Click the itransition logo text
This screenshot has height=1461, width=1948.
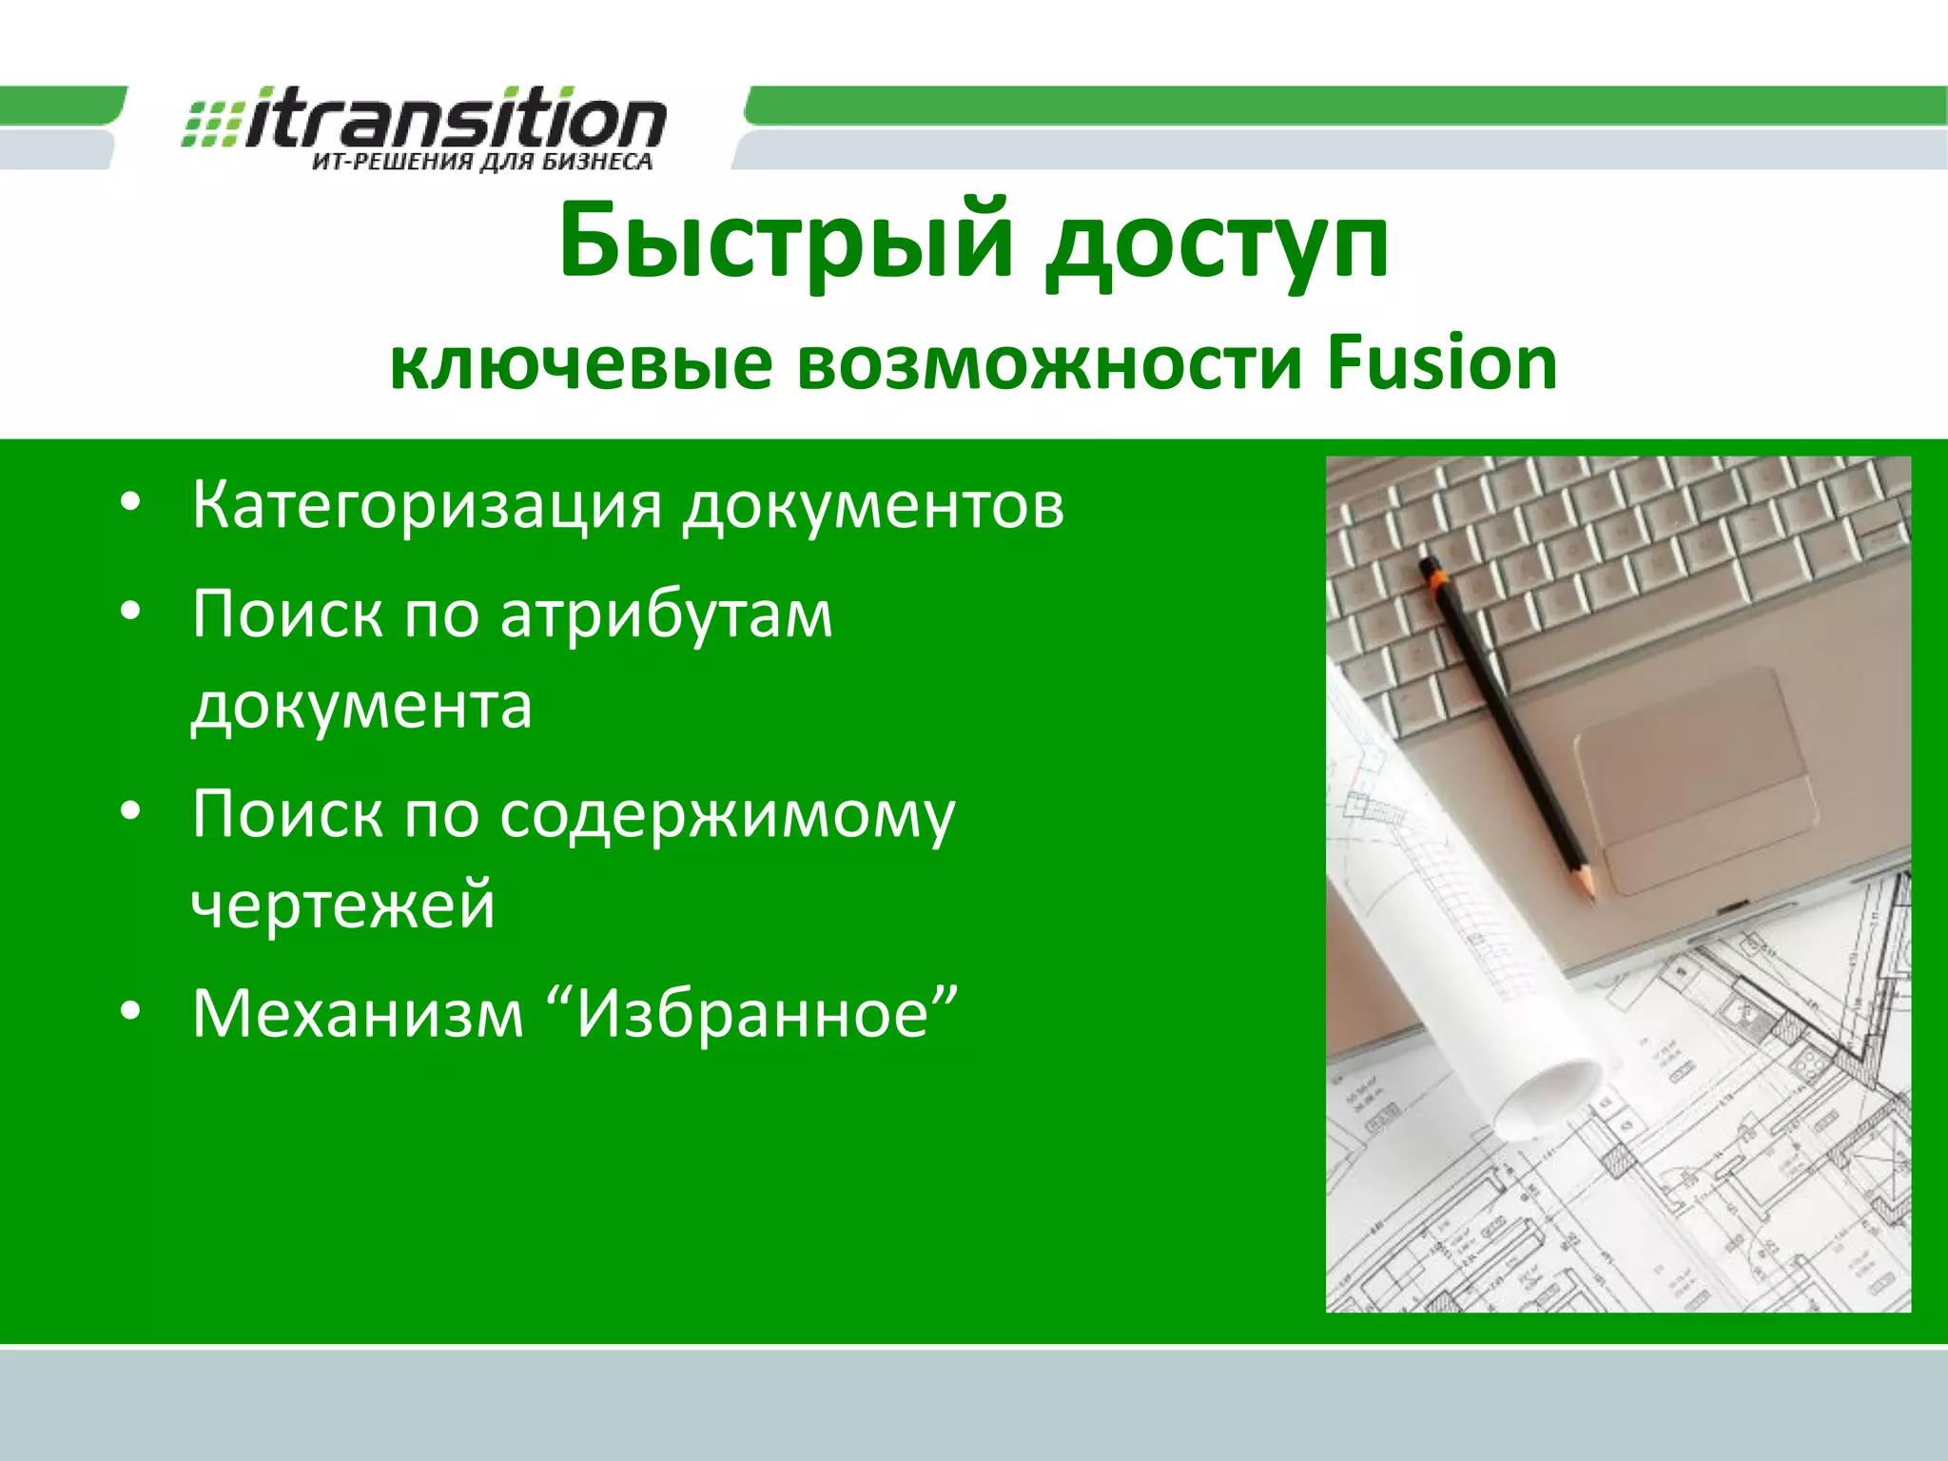[455, 119]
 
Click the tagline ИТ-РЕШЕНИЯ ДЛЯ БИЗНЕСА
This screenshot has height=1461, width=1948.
[482, 162]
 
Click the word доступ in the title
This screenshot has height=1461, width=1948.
[1217, 245]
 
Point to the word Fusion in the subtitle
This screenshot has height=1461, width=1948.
[1442, 363]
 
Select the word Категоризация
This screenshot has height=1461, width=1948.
[427, 506]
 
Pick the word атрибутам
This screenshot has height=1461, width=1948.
[666, 616]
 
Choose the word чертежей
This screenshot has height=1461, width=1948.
[343, 906]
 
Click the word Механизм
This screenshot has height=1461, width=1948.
[358, 1013]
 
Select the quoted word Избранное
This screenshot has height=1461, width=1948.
[753, 1013]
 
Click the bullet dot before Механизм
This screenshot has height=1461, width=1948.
[130, 1011]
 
